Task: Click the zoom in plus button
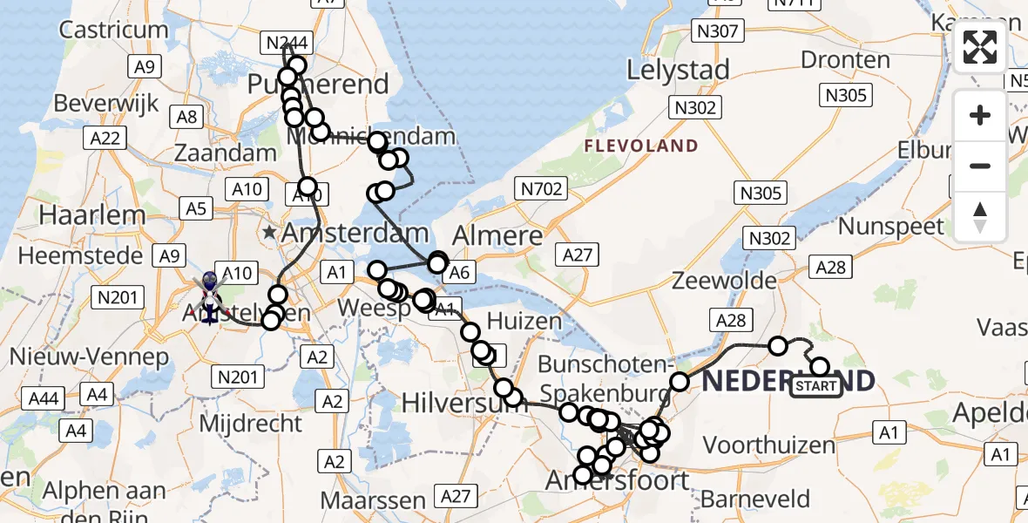pos(980,115)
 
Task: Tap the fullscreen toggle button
pos(980,47)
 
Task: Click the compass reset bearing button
pos(980,216)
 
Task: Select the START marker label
pos(816,386)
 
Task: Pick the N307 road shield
pos(717,32)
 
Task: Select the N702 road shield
pos(541,187)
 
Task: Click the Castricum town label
pos(113,30)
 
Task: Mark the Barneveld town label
pos(754,499)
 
